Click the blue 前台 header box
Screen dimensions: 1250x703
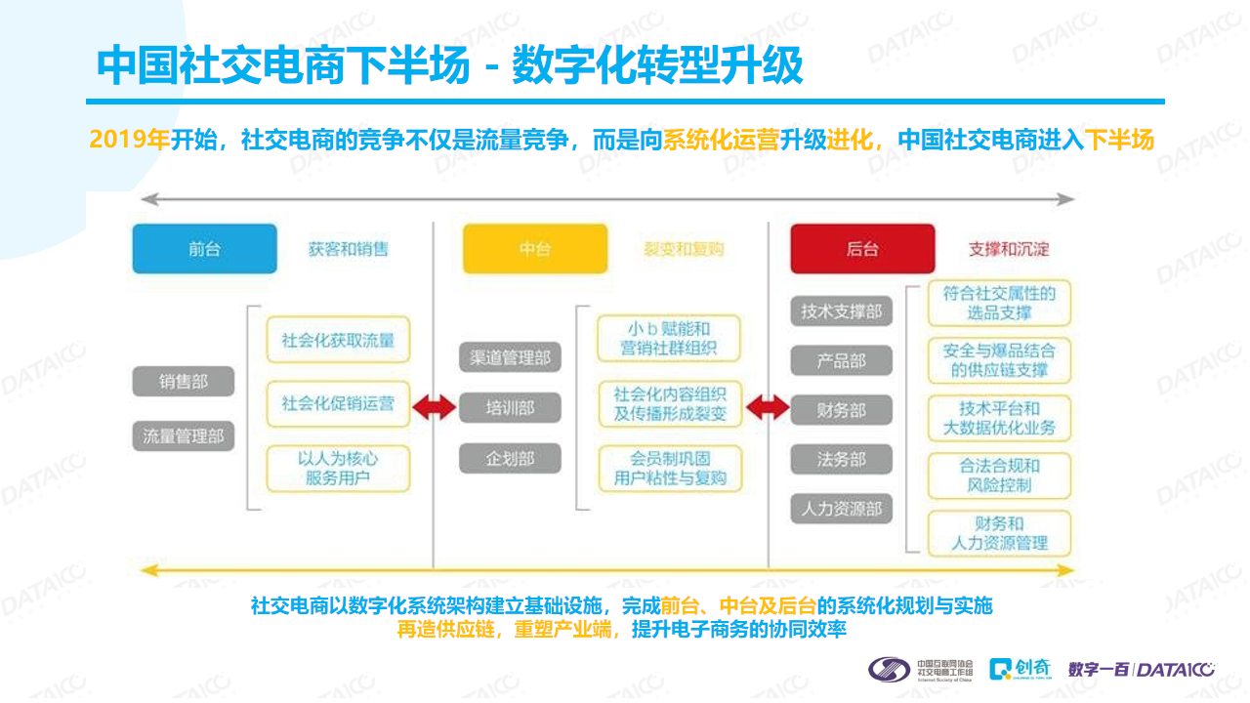click(205, 249)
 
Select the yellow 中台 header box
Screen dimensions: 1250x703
click(535, 249)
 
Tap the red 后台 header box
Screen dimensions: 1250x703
click(862, 249)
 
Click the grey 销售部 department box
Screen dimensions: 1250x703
click(184, 382)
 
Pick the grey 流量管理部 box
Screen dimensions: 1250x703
click(184, 435)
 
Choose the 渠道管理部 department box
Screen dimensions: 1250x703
click(510, 357)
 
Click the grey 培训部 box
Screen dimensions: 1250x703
click(510, 408)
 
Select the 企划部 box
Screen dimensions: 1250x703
click(510, 459)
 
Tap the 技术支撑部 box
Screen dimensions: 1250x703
click(842, 311)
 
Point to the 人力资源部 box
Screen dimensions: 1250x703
click(842, 509)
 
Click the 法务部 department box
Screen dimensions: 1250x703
click(842, 460)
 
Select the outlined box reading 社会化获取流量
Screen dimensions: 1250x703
click(338, 340)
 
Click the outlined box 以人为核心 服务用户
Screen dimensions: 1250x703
click(338, 469)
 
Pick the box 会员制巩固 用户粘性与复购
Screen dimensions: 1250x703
click(670, 469)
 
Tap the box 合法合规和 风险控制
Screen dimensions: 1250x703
click(999, 476)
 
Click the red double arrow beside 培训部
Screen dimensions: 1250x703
click(435, 407)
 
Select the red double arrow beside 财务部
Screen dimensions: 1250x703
click(768, 407)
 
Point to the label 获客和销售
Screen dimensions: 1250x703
click(349, 249)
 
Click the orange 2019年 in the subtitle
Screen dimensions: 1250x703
click(130, 139)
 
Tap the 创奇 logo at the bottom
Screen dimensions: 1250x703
click(1021, 669)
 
